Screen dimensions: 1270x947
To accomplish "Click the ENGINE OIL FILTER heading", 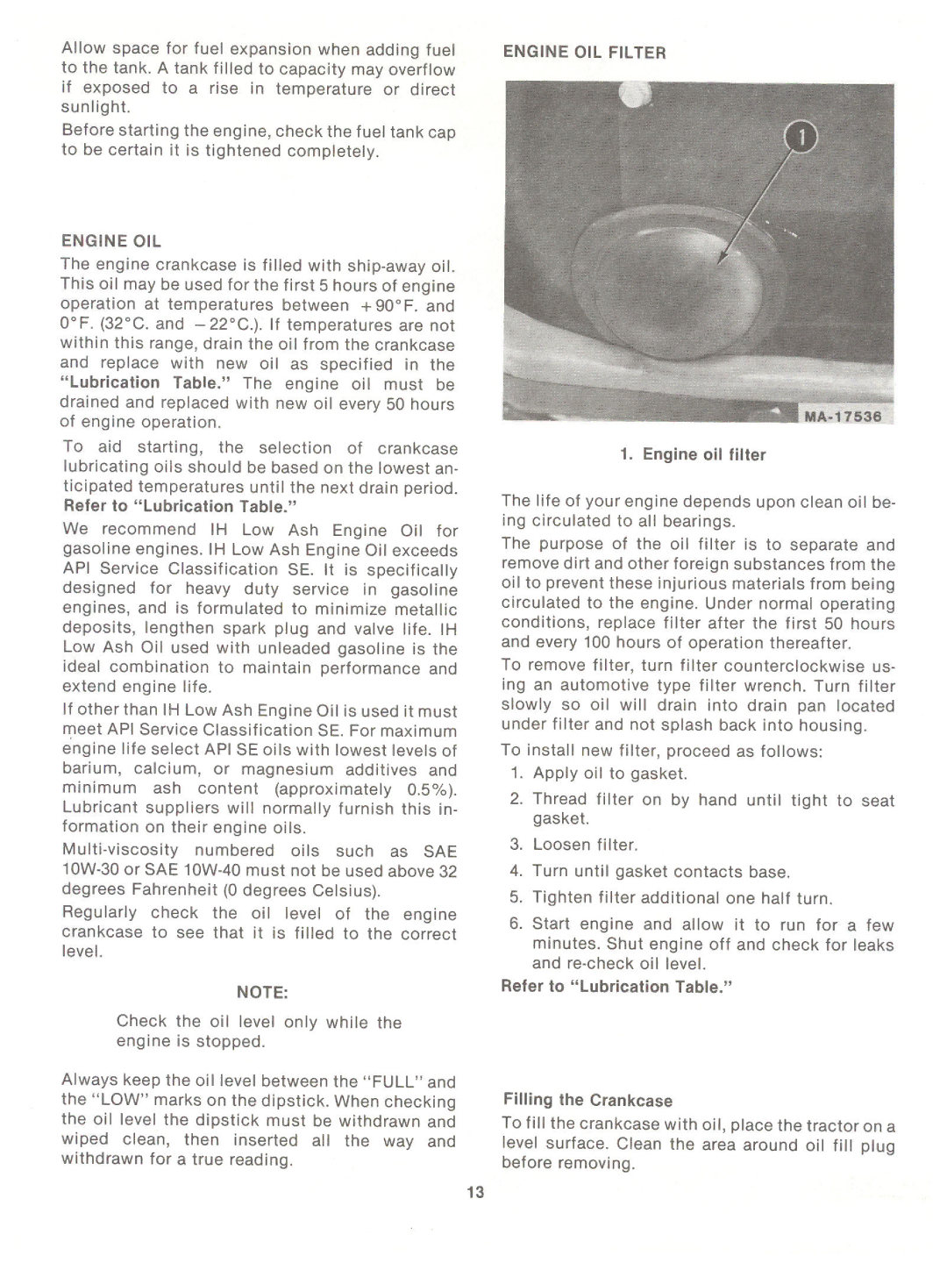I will click(x=584, y=53).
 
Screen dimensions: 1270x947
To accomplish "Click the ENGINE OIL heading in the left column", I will click(x=111, y=241).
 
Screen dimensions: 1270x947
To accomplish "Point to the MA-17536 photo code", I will click(x=843, y=417).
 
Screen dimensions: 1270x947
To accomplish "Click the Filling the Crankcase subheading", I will click(x=587, y=1101).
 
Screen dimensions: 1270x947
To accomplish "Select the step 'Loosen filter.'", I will click(x=585, y=845).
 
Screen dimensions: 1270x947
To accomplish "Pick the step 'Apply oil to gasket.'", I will click(x=609, y=774).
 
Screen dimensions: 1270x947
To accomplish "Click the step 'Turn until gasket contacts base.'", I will click(x=661, y=872).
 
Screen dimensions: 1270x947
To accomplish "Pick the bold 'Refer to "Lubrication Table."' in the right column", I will click(x=616, y=987).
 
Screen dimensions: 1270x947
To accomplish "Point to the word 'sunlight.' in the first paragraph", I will click(x=96, y=108).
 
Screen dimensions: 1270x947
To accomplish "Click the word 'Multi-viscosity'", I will click(x=120, y=851).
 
